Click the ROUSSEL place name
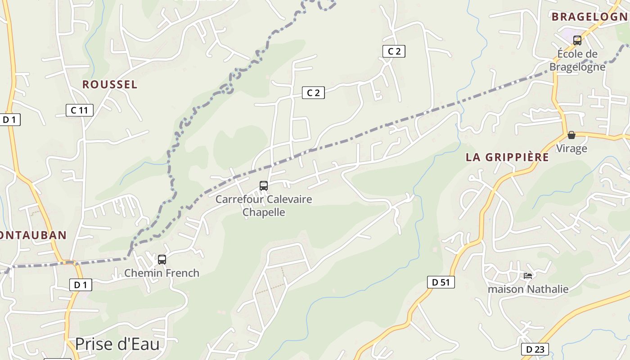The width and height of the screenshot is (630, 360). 110,85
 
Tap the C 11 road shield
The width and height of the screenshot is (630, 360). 80,110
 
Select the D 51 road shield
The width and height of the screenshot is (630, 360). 441,282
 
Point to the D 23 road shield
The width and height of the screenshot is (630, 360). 535,349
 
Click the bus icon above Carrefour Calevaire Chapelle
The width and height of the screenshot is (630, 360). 264,185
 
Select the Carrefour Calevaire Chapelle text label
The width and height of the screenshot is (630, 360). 264,206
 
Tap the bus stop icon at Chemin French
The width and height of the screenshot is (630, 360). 162,259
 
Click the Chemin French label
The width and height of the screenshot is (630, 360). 162,273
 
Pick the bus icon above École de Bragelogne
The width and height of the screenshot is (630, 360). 577,40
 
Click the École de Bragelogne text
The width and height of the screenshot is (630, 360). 577,60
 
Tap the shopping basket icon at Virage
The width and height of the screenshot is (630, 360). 571,135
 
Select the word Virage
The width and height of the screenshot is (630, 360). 571,148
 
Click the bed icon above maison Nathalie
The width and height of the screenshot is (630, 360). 528,275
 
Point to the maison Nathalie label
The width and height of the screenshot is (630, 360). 528,289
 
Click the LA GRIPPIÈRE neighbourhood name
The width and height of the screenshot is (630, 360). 507,157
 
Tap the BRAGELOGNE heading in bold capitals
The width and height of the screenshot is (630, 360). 589,17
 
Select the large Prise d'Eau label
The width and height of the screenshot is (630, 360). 117,344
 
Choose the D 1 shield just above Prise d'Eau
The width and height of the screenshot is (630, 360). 81,284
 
